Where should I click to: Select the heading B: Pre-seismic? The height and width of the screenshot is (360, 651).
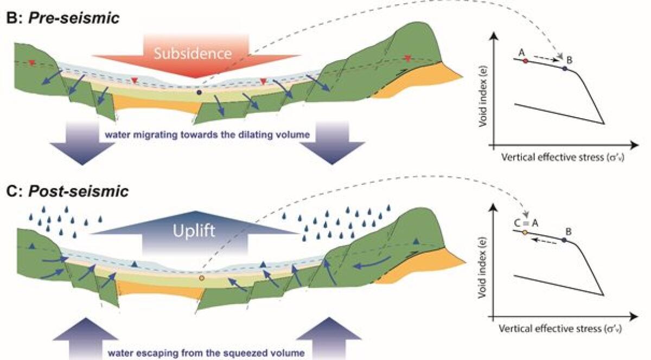pos(62,17)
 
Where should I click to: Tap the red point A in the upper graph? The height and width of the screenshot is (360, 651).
pos(525,61)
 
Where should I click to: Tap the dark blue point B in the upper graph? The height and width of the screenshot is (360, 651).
pos(565,69)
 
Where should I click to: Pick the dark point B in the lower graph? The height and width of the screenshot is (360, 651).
pos(565,240)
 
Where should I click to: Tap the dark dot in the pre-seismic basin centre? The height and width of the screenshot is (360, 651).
pos(200,93)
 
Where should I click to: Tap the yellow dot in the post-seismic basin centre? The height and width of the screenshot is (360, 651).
pos(202,278)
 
